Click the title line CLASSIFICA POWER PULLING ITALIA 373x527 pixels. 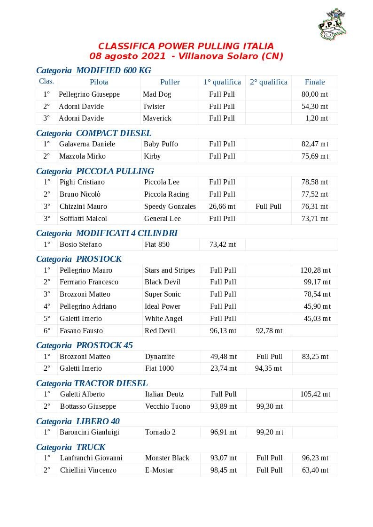click(186, 46)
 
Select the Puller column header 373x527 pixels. click(170, 82)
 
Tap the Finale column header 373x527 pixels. click(314, 82)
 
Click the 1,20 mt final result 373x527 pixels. click(316, 118)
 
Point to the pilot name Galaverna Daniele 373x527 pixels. click(87, 144)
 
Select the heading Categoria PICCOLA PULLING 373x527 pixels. click(95, 171)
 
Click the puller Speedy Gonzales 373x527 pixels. click(170, 206)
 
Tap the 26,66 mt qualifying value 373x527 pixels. click(222, 206)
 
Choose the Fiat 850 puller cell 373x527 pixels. click(157, 244)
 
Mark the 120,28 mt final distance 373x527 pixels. click(315, 270)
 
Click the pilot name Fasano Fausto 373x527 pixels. click(81, 331)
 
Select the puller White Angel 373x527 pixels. click(163, 319)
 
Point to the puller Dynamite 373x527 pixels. click(160, 357)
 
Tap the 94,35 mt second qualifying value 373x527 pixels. click(269, 368)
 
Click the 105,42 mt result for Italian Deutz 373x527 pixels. click(315, 394)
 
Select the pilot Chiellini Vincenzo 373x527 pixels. click(88, 470)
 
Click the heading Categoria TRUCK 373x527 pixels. click(71, 447)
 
